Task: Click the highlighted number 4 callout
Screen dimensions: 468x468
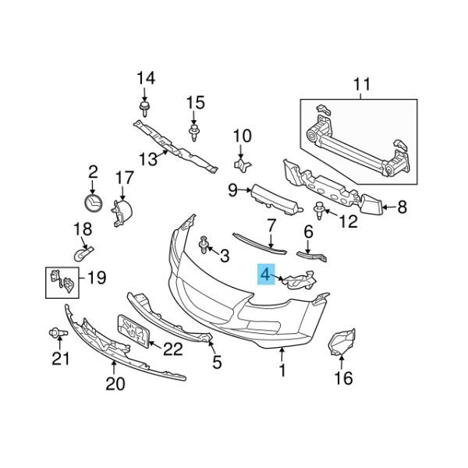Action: pyautogui.click(x=266, y=274)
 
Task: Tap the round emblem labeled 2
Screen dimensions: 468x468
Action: pyautogui.click(x=93, y=203)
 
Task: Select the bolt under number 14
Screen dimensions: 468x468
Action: pyautogui.click(x=145, y=109)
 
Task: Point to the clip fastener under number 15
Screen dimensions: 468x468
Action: pyautogui.click(x=194, y=133)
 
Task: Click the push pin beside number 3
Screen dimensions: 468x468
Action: pyautogui.click(x=204, y=245)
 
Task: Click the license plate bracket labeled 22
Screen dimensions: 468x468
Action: pyautogui.click(x=134, y=331)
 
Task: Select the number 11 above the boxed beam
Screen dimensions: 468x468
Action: pyautogui.click(x=362, y=84)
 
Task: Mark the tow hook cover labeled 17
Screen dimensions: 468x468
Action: pyautogui.click(x=122, y=212)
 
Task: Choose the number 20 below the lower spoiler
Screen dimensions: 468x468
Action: pyautogui.click(x=115, y=384)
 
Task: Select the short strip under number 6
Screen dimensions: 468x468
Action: pyautogui.click(x=312, y=256)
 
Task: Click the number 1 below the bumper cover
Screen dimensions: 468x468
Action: pyautogui.click(x=282, y=370)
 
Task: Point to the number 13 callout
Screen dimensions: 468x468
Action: pyautogui.click(x=148, y=159)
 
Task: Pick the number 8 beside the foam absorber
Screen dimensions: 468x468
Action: pyautogui.click(x=402, y=207)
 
